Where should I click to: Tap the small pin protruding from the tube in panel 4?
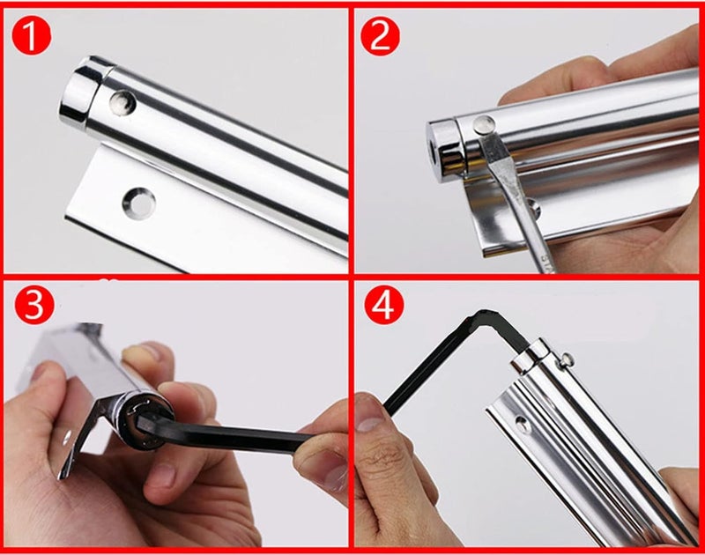pyautogui.click(x=566, y=359)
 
